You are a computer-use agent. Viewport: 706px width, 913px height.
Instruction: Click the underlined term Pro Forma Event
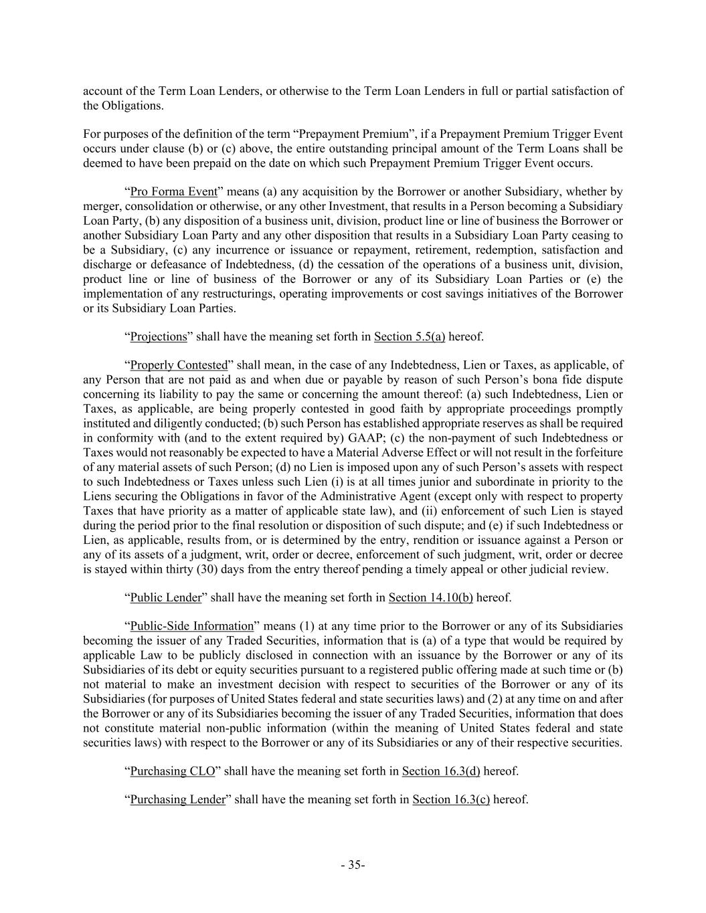[173, 192]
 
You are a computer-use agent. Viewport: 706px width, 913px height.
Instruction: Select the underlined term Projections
[159, 336]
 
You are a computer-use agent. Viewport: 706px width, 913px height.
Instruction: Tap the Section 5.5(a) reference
[410, 336]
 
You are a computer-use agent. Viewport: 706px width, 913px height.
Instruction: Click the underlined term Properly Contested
[179, 365]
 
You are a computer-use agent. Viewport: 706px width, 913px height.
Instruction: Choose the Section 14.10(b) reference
[430, 597]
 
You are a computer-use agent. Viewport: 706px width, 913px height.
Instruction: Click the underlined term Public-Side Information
[192, 626]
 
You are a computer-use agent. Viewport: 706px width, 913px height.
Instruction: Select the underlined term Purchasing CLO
[173, 771]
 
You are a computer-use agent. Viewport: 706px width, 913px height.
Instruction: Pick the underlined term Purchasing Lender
[177, 799]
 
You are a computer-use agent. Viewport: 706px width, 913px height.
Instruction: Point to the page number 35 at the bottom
[353, 865]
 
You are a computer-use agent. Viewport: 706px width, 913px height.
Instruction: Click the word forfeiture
[594, 453]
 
